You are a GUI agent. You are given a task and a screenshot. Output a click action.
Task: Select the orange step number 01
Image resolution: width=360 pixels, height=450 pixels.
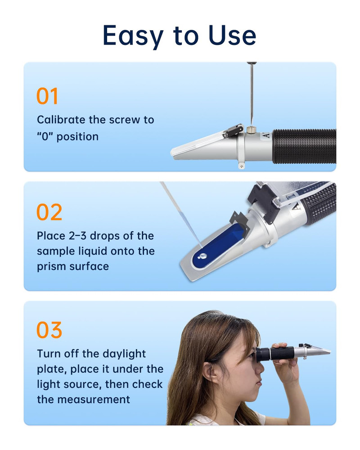tap(47, 96)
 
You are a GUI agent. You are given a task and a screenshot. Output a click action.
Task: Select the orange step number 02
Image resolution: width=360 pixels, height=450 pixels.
tap(49, 212)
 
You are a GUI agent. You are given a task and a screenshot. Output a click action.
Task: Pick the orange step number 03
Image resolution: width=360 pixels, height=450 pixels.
tap(49, 330)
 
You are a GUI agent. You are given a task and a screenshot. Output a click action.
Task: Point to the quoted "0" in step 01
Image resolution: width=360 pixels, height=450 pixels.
tap(45, 136)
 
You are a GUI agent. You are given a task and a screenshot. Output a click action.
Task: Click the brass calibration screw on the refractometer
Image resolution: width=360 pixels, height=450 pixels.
tap(251, 130)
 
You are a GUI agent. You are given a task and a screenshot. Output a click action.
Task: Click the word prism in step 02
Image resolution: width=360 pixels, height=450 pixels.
tap(50, 266)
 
